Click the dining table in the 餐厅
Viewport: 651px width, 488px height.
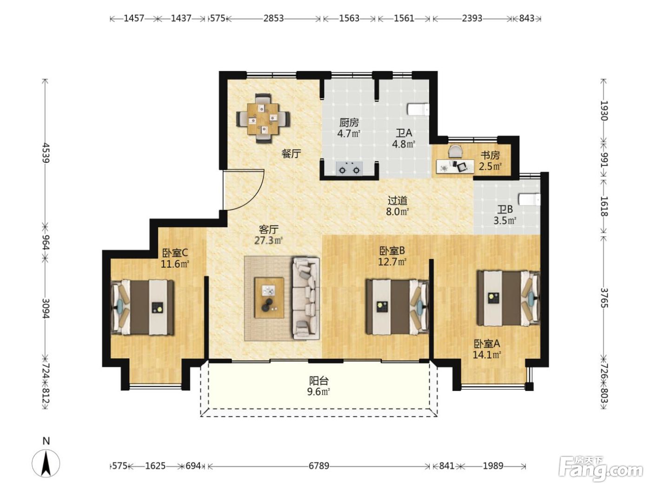[x=263, y=119]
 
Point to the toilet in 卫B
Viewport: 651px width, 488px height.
[x=529, y=199]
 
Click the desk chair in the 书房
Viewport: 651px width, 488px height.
[x=455, y=151]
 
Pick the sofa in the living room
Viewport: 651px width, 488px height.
[x=306, y=299]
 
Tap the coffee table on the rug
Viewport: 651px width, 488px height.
[x=269, y=298]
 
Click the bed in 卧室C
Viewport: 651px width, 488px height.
[x=142, y=308]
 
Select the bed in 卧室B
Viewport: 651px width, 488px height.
[x=398, y=307]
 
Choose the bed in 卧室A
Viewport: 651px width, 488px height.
[x=508, y=298]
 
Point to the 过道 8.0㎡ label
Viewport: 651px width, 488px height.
[x=398, y=206]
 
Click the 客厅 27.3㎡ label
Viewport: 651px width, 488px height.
[x=268, y=235]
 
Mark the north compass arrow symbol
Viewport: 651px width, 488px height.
[x=46, y=463]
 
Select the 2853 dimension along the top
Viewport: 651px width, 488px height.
[x=273, y=19]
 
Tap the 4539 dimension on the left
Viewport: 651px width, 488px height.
[x=46, y=153]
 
